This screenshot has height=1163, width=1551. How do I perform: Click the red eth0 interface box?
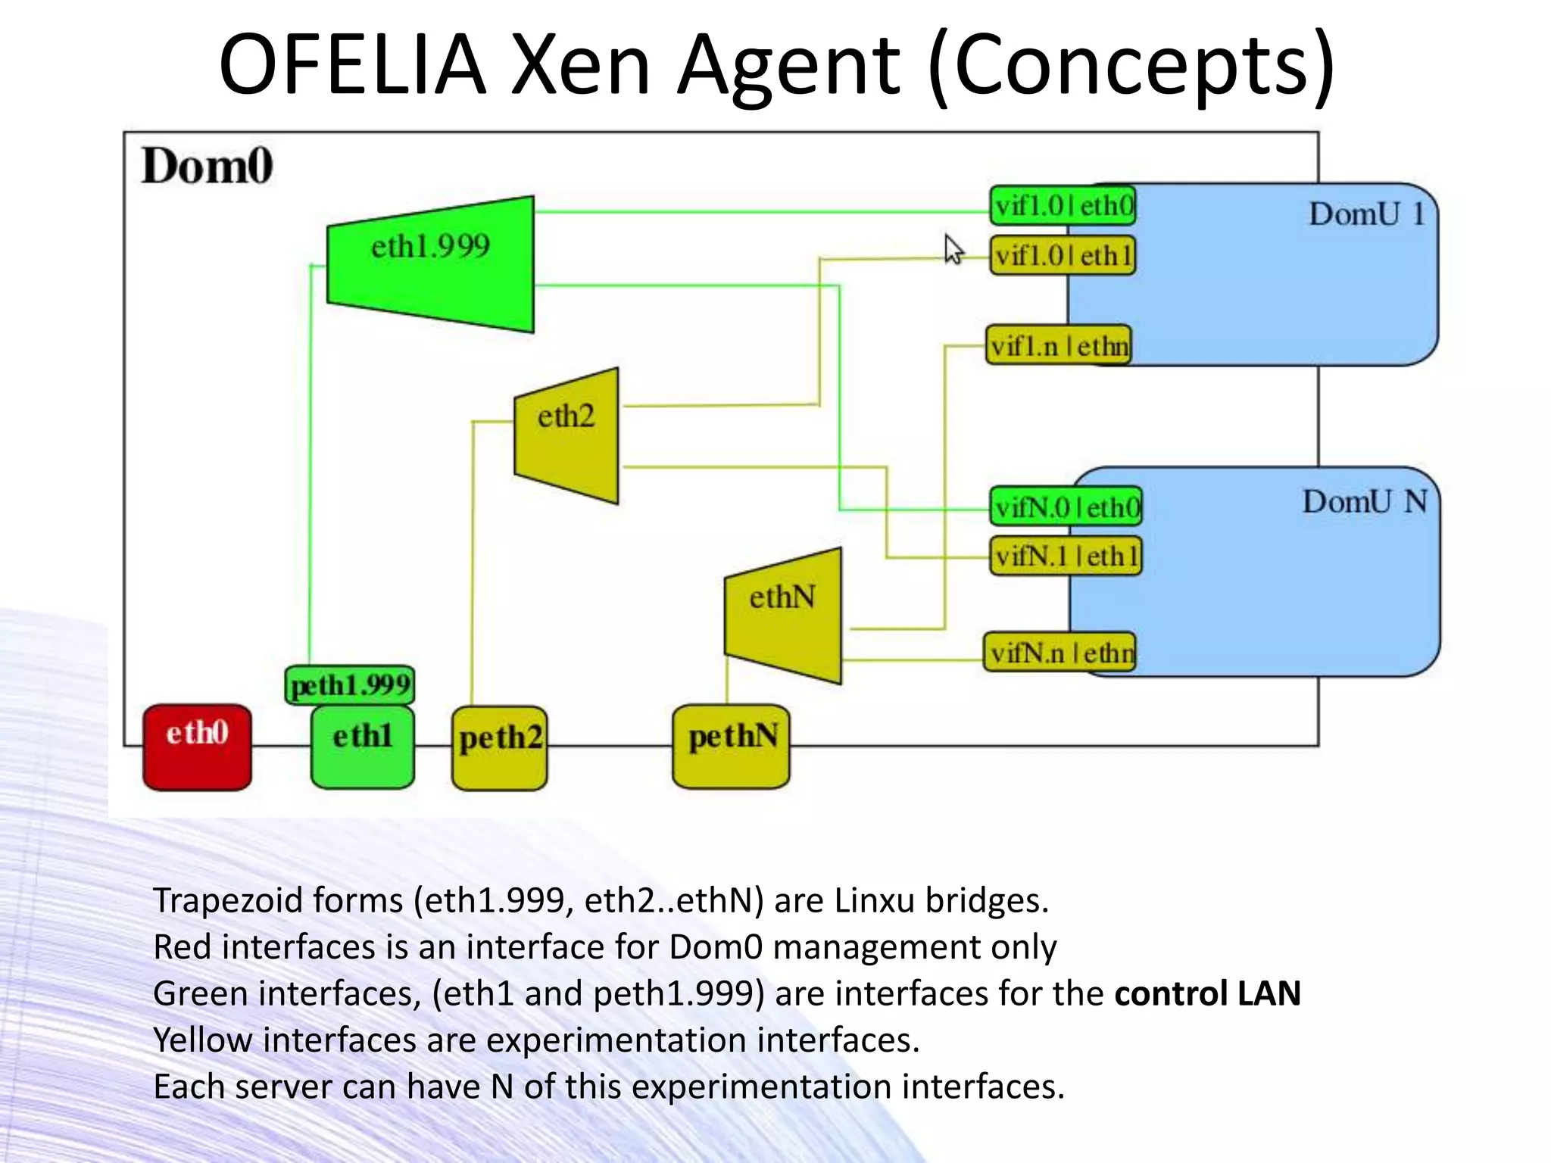[197, 747]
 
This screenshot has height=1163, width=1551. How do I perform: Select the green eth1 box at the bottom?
[362, 747]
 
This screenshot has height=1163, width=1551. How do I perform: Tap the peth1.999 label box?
[350, 685]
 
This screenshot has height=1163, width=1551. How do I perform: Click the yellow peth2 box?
[499, 748]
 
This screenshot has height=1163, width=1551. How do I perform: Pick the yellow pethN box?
[731, 747]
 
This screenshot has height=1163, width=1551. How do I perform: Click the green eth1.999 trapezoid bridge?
[431, 263]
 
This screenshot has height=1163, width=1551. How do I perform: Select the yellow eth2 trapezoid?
[567, 435]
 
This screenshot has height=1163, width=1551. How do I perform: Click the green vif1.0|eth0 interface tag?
[1063, 206]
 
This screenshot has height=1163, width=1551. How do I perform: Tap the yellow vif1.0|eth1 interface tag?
[1063, 256]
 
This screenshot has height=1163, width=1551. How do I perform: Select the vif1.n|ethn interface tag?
[1059, 346]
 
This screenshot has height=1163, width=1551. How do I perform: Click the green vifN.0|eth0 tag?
[1066, 507]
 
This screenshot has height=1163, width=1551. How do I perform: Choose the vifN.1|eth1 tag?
[1066, 557]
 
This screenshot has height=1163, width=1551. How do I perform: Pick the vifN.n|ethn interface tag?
[1060, 652]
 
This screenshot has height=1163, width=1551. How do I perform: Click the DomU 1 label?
[1367, 214]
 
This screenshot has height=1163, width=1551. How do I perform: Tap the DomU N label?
[1365, 502]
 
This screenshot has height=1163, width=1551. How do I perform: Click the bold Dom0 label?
[207, 166]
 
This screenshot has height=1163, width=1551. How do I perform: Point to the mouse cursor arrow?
[953, 249]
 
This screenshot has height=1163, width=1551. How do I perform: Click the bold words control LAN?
[1207, 993]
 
